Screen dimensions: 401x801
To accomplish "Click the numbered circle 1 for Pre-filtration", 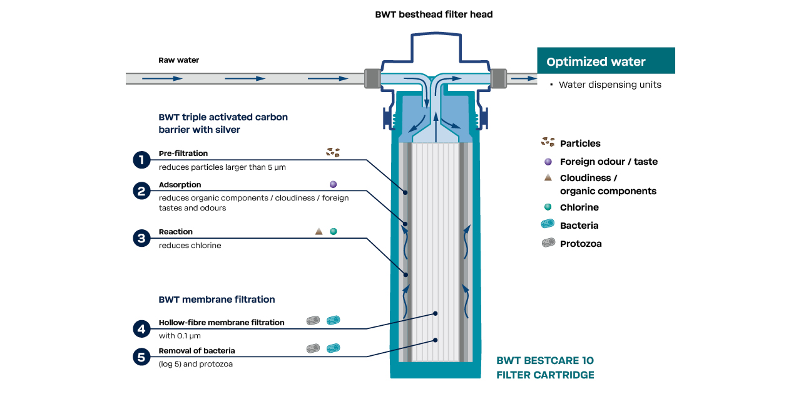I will [142, 160].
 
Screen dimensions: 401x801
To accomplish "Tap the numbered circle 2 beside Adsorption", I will [142, 191].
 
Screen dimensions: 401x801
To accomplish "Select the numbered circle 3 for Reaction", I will [142, 238].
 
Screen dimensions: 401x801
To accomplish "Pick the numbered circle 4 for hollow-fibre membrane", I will [142, 329].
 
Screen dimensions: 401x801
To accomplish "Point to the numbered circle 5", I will [142, 357].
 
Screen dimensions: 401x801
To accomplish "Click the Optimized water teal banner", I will [606, 61].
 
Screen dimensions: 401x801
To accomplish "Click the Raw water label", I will [178, 60].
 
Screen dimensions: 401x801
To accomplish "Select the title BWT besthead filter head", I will [434, 14].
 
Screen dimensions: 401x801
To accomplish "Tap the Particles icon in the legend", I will [548, 143].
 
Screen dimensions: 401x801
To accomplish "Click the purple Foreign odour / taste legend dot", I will [548, 161].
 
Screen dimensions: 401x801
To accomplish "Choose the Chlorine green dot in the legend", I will [548, 207].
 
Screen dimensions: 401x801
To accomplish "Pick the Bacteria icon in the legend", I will [548, 225].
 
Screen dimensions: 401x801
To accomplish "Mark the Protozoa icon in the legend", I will [548, 243].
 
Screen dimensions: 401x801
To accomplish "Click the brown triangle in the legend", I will [548, 178].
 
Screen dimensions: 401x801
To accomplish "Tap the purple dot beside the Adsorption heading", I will [333, 184].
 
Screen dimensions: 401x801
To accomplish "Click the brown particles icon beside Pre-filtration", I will [333, 152].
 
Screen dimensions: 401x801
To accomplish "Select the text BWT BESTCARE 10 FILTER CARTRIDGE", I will [545, 368].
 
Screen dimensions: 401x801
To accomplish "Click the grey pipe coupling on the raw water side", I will [372, 78].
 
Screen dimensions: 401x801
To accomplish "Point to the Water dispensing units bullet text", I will [610, 85].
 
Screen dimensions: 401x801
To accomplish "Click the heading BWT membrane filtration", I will [217, 299].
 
